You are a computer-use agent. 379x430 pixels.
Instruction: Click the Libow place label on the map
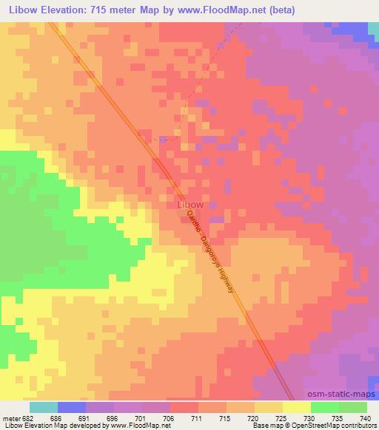tap(191, 205)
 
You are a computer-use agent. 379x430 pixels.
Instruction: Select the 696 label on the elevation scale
tap(114, 417)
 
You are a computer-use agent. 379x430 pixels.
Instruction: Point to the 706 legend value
tap(170, 417)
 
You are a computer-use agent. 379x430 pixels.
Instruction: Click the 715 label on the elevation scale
tap(226, 417)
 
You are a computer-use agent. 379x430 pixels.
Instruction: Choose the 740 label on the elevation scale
tap(366, 417)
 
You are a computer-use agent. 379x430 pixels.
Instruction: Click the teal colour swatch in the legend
tap(44, 407)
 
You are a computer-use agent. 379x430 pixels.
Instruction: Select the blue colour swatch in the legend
tap(72, 407)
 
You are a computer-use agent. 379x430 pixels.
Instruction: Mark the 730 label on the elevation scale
tap(309, 417)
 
